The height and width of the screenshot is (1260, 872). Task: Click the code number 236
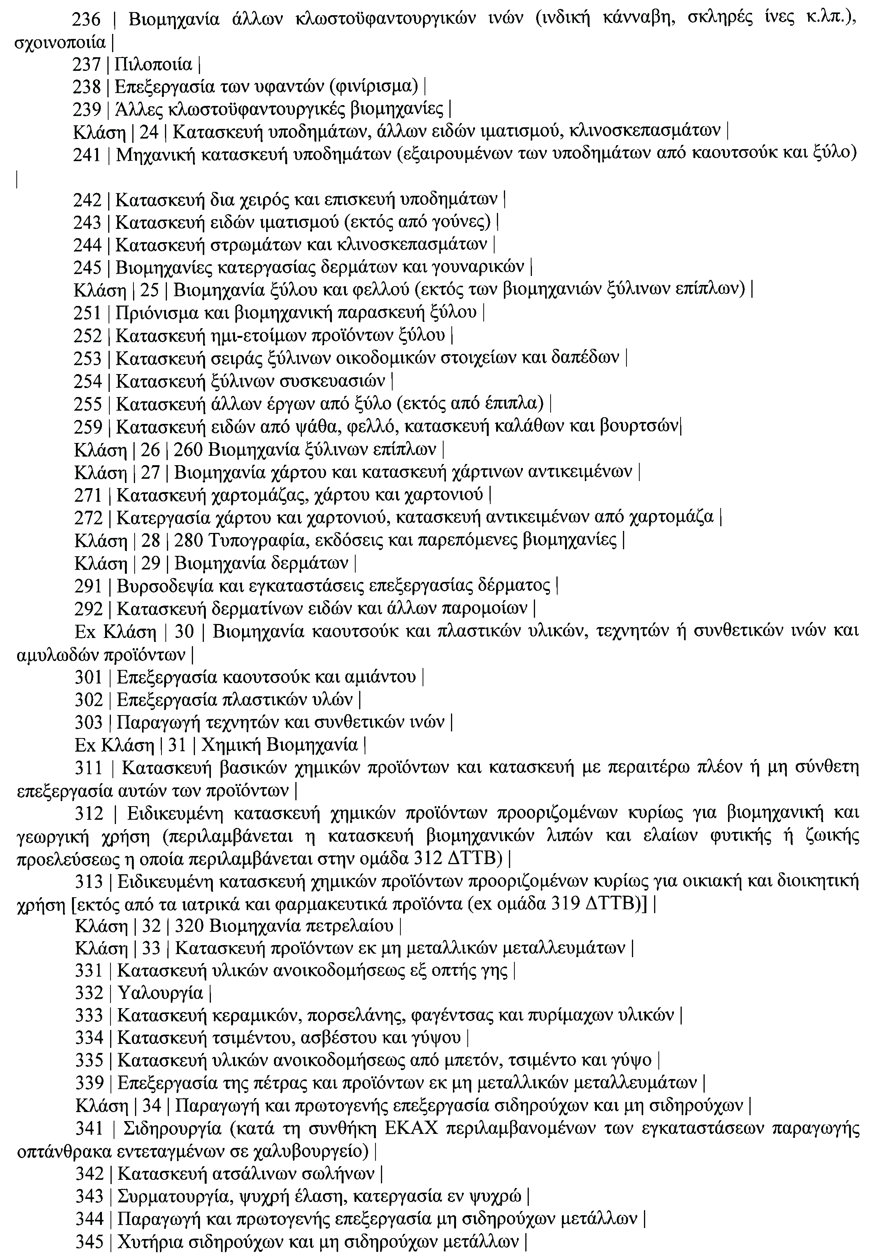click(88, 20)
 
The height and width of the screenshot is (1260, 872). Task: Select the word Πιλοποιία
click(154, 65)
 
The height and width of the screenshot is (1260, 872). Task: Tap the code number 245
click(88, 268)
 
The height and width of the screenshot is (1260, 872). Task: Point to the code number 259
click(88, 427)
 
